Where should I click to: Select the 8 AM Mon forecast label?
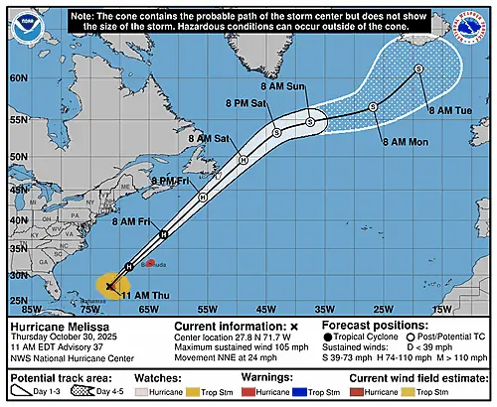(x=406, y=141)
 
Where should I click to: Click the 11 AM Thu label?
(x=139, y=296)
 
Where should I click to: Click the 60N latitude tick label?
(x=16, y=75)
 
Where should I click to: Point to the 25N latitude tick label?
(x=16, y=300)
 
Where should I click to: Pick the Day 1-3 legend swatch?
(x=23, y=392)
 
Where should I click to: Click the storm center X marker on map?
(x=109, y=286)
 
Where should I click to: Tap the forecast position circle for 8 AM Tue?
(x=418, y=68)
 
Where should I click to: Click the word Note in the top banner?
(x=84, y=17)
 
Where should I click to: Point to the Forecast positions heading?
(x=374, y=326)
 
